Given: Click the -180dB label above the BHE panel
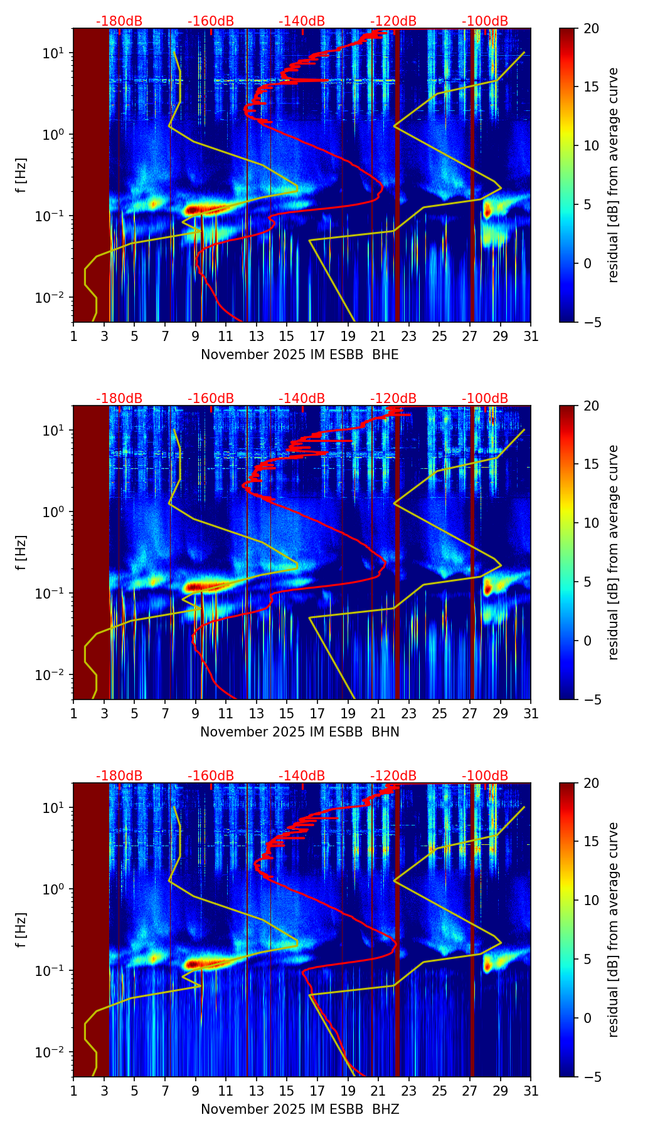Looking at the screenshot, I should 119,21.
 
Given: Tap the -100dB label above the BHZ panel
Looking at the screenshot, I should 485,776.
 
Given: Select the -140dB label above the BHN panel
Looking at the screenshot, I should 302,399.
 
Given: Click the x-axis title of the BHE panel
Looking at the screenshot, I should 299,355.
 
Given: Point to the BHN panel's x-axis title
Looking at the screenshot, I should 299,732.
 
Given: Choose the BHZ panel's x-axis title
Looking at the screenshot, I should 299,1109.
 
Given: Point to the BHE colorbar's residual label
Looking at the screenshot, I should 614,175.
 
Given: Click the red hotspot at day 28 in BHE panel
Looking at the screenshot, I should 487,211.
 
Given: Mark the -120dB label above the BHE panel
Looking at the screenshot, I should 393,21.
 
